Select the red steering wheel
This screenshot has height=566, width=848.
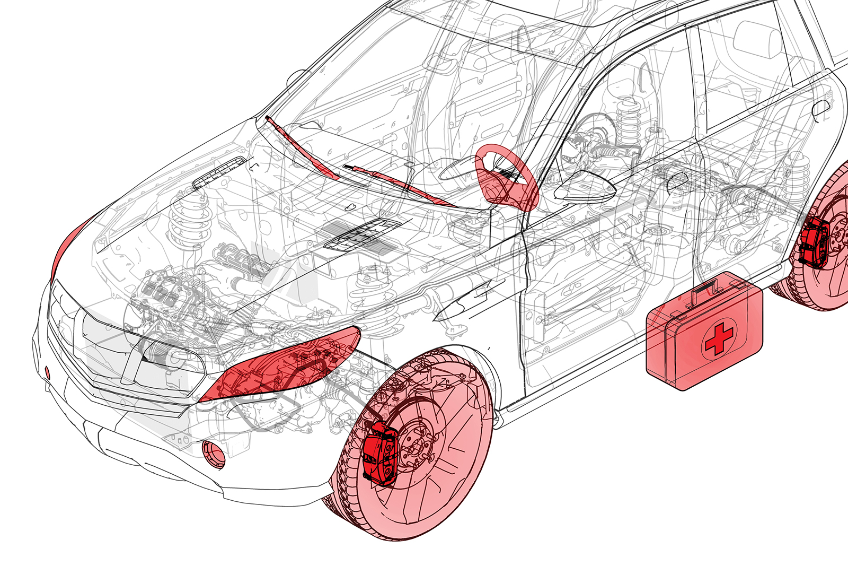506,178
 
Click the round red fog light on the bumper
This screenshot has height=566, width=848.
213,454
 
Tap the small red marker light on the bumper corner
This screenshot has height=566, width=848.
47,372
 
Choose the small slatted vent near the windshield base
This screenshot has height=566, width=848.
219,173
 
